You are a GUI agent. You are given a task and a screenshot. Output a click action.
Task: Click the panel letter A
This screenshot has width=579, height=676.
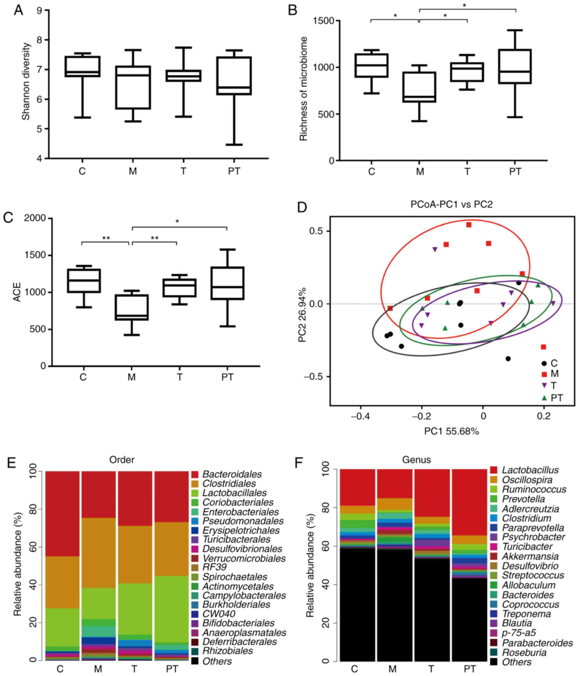(18, 11)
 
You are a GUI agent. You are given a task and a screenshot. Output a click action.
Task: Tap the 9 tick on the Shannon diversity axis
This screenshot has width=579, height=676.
(39, 11)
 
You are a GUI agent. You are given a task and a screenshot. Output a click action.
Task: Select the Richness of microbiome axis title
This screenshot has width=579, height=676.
(303, 89)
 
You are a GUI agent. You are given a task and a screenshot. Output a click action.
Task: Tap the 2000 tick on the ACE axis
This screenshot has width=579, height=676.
(35, 218)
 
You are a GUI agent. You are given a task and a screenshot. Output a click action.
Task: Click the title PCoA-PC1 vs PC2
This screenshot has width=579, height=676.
(452, 204)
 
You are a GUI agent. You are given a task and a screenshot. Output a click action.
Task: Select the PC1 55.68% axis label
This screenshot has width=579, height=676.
(452, 431)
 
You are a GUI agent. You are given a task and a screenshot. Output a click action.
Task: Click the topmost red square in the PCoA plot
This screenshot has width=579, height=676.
(469, 225)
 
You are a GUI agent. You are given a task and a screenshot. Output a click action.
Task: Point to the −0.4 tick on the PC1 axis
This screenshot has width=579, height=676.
(360, 417)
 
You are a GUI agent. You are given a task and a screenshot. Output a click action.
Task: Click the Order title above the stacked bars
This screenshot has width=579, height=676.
(122, 460)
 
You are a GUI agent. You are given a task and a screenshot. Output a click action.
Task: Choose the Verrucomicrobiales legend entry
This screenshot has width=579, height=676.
(244, 559)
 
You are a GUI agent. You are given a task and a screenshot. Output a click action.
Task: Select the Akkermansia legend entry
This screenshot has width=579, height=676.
(530, 556)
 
